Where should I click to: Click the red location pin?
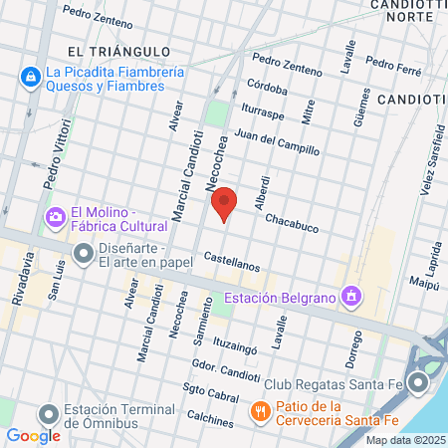click(x=225, y=203)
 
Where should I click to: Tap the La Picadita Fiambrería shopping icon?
click(x=30, y=78)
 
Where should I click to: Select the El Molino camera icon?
click(x=56, y=216)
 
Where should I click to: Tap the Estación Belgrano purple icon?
click(x=350, y=296)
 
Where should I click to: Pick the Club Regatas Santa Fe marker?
click(x=419, y=383)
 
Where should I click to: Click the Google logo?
click(x=33, y=435)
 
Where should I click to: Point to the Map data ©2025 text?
click(x=404, y=439)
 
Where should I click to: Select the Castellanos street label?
click(x=231, y=262)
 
